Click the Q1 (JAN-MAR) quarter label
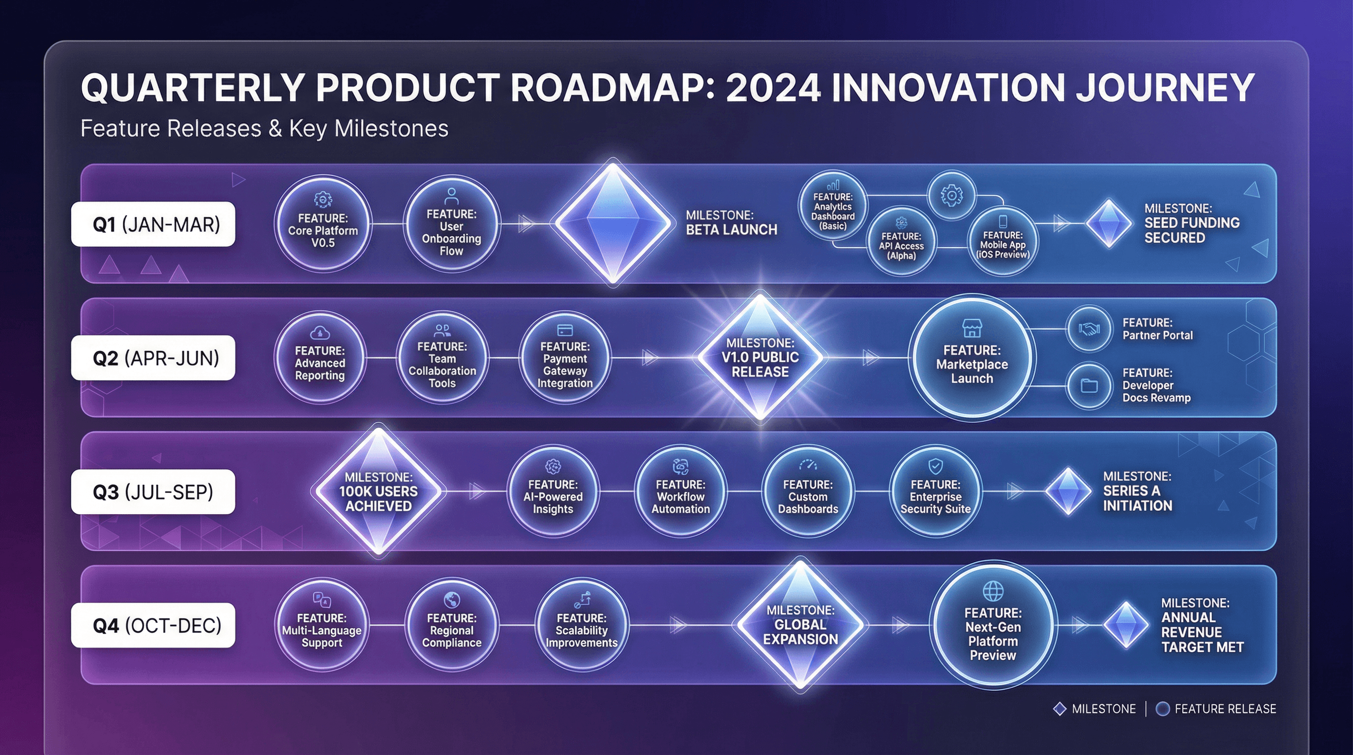(153, 224)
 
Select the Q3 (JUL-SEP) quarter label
(153, 492)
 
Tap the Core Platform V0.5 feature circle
(323, 224)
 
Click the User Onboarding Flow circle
(451, 225)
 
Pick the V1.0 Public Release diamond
(760, 357)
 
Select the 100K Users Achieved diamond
(378, 492)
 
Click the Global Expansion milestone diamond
(800, 625)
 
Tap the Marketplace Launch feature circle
(971, 357)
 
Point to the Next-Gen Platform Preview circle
(993, 625)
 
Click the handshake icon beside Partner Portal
(1089, 329)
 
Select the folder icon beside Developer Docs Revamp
(1089, 386)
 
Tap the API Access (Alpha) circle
(901, 241)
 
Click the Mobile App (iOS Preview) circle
(1002, 241)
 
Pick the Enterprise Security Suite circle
(936, 492)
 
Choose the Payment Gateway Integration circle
(564, 358)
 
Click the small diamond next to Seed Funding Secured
(1109, 223)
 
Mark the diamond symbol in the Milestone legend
(1060, 709)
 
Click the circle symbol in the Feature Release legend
(1163, 709)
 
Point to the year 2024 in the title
(773, 87)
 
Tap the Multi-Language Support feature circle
(322, 625)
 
